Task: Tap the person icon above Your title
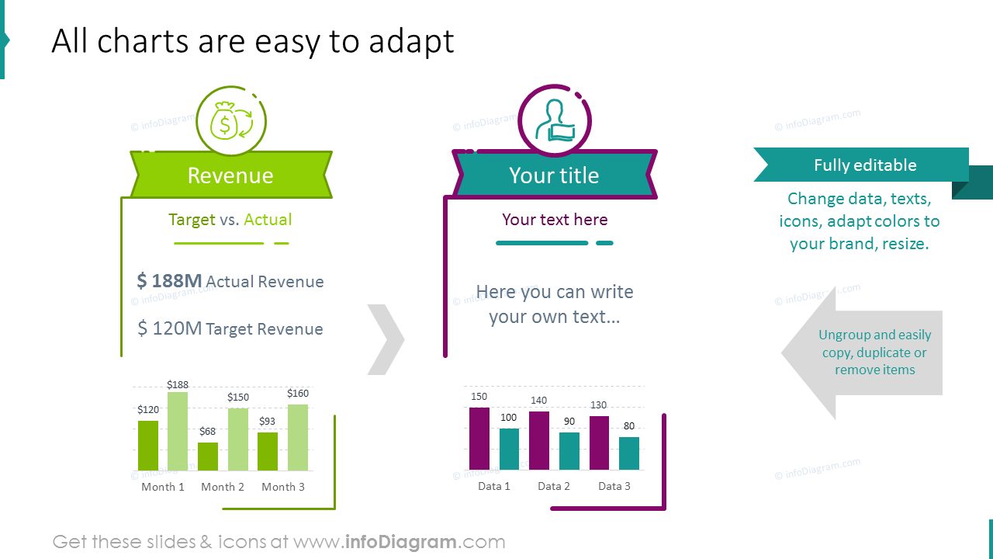(x=554, y=121)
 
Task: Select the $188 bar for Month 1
(x=178, y=431)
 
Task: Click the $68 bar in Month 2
(x=208, y=457)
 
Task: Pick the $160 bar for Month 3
(x=298, y=437)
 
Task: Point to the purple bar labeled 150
(x=479, y=439)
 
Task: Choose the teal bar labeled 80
(x=629, y=453)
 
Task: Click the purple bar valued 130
(x=600, y=443)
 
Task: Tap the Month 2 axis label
(x=223, y=487)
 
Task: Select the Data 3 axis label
(x=614, y=486)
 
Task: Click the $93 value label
(x=268, y=422)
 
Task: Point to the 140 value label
(x=538, y=401)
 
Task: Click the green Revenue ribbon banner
(x=230, y=175)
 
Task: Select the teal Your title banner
(x=554, y=175)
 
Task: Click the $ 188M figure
(x=169, y=281)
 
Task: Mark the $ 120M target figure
(x=169, y=328)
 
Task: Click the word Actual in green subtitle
(x=268, y=220)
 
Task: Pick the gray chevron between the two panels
(x=386, y=340)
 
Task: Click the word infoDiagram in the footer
(x=400, y=542)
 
